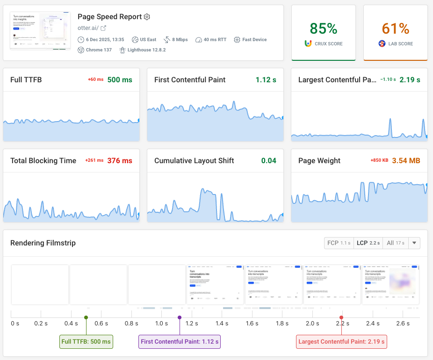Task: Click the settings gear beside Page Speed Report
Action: (x=147, y=17)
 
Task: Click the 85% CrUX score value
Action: (x=323, y=29)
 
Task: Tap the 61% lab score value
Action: (x=396, y=29)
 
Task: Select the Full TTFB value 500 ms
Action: (x=120, y=80)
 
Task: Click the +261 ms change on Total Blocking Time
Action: (x=94, y=161)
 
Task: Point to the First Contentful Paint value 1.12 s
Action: (x=266, y=80)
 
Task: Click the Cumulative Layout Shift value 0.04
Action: (x=268, y=161)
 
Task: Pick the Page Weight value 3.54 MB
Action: (x=406, y=161)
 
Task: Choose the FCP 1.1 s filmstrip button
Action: (x=339, y=243)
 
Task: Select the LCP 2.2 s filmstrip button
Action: (x=368, y=243)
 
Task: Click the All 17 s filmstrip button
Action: (x=396, y=243)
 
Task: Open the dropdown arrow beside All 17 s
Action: (x=414, y=243)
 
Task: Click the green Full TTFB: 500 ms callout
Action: (x=86, y=342)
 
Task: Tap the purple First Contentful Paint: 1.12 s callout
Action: (x=180, y=342)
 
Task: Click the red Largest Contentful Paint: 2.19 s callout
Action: (x=341, y=342)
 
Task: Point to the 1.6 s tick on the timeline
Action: (x=252, y=324)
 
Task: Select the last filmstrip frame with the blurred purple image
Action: (x=390, y=285)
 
